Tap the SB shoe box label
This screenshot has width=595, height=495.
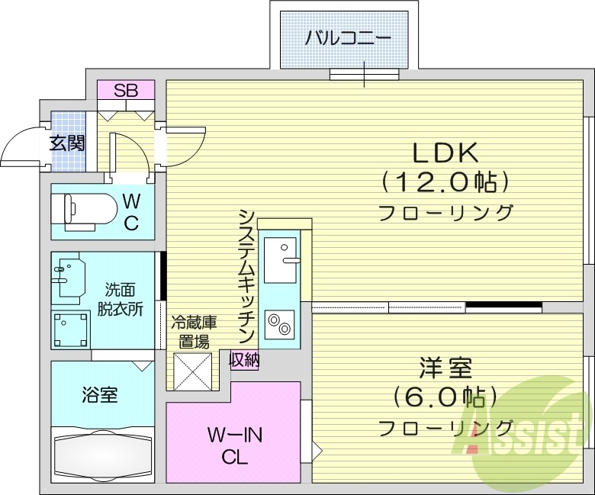click(x=126, y=90)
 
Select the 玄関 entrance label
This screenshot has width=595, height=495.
click(x=67, y=143)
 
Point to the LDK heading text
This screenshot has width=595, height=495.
click(x=445, y=153)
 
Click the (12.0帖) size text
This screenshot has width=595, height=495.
click(x=445, y=182)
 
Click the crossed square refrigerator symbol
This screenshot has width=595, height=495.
click(x=191, y=371)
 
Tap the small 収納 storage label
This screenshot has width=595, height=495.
click(x=244, y=358)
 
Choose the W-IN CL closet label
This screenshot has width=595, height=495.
click(x=235, y=447)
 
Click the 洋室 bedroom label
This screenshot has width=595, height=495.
click(x=445, y=368)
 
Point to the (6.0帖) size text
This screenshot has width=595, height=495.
click(x=445, y=397)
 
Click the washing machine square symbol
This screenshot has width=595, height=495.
click(x=72, y=329)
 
